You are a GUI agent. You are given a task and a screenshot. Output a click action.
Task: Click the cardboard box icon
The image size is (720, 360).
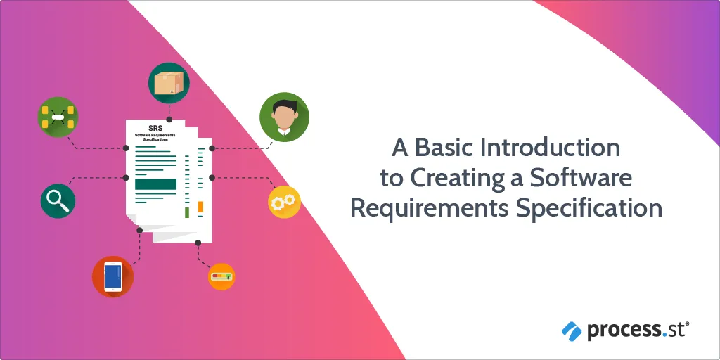[x=169, y=83]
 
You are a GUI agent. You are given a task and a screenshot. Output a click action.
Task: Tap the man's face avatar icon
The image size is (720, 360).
[x=284, y=117]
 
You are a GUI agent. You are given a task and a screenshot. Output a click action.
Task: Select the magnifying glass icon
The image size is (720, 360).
[x=58, y=200]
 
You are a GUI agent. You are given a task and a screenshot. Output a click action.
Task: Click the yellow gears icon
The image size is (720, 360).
[x=284, y=202]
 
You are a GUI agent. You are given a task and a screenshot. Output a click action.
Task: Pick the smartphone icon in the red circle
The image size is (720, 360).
[x=113, y=277]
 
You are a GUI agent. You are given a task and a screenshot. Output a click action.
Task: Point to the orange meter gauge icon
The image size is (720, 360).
[x=221, y=277]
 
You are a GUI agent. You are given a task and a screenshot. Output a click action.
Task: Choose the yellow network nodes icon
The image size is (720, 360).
[x=58, y=117]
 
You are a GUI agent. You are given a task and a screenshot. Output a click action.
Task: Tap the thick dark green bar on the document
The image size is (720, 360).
[x=155, y=184]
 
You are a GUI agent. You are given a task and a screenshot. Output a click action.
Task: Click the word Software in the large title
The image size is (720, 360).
[x=580, y=178]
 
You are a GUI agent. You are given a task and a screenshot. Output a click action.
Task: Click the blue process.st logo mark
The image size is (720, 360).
[x=572, y=330]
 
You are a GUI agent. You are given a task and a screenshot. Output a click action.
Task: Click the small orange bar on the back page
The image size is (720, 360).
[x=200, y=207]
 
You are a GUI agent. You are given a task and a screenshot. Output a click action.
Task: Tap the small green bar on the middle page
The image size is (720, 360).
[x=187, y=212]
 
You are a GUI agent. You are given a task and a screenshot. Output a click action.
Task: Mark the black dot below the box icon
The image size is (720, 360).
[x=169, y=120]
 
